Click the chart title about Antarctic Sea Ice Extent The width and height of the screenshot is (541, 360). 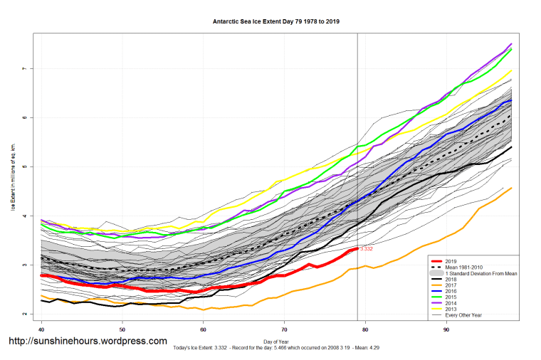click(x=275, y=21)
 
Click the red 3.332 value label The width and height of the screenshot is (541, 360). click(x=367, y=249)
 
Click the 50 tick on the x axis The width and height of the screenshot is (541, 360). click(x=122, y=329)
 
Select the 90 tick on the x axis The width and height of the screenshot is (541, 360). click(x=446, y=329)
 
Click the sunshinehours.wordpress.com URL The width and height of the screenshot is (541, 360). click(x=88, y=341)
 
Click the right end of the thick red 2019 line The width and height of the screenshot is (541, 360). click(x=357, y=248)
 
